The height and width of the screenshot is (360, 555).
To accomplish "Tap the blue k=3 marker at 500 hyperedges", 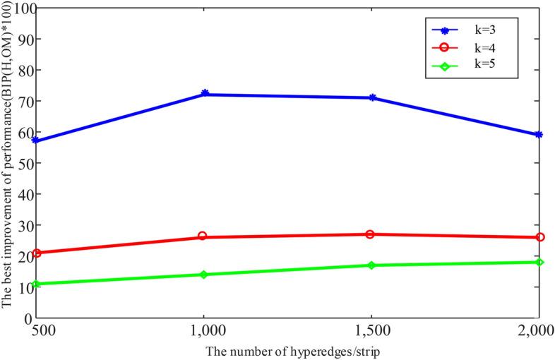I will click(x=37, y=141).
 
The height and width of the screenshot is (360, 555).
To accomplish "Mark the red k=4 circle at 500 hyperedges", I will click(x=37, y=253).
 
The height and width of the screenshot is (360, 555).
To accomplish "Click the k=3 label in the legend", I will click(x=483, y=30).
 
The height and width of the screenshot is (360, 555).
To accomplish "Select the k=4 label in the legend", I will click(x=483, y=49).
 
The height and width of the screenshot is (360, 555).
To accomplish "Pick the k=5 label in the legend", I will click(x=483, y=67).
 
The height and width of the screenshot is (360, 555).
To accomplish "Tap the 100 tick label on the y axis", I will click(x=21, y=9).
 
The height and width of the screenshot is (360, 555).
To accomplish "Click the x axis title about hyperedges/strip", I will click(x=287, y=349).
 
